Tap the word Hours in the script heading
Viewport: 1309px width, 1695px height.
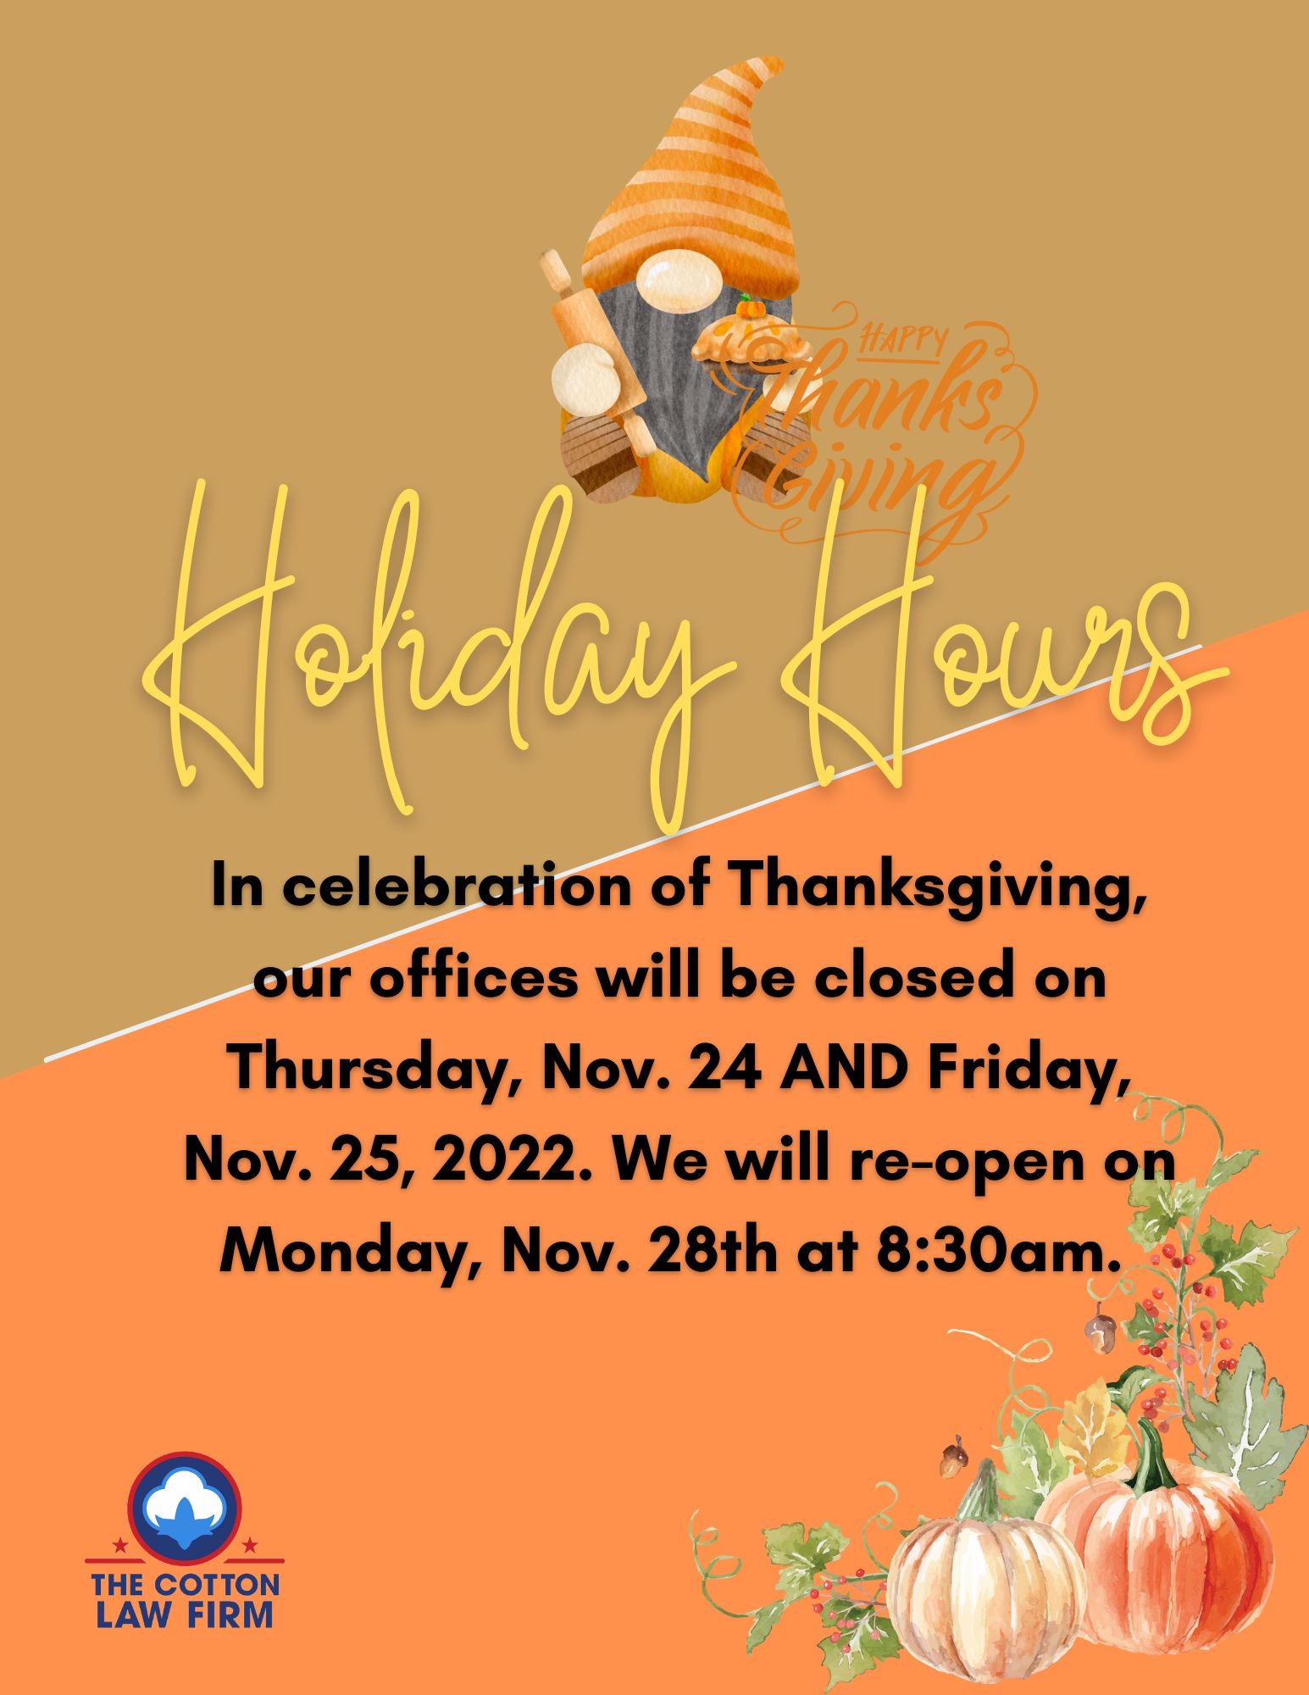1000,670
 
